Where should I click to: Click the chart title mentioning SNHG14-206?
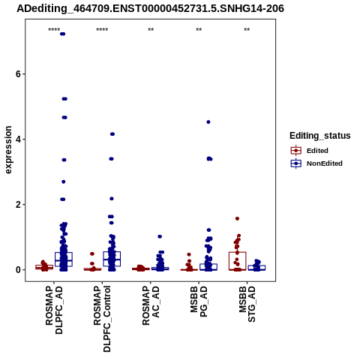pyautogui.click(x=150, y=8)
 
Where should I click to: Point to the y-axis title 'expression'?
pyautogui.click(x=8, y=150)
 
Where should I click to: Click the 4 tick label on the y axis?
pyautogui.click(x=18, y=139)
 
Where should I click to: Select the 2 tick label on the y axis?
pyautogui.click(x=18, y=205)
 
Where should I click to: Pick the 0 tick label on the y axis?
pyautogui.click(x=18, y=270)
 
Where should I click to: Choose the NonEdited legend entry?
pyautogui.click(x=316, y=163)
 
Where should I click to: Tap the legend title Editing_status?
pyautogui.click(x=320, y=136)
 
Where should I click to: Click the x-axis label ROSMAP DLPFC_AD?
pyautogui.click(x=54, y=310)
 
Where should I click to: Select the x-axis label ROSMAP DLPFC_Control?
pyautogui.click(x=102, y=319)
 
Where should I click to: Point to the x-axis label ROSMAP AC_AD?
pyautogui.click(x=151, y=305)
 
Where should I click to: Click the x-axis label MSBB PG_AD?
pyautogui.click(x=199, y=301)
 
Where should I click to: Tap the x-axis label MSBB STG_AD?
pyautogui.click(x=247, y=304)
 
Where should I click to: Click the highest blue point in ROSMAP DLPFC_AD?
pyautogui.click(x=62, y=34)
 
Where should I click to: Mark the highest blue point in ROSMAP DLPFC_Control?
pyautogui.click(x=112, y=134)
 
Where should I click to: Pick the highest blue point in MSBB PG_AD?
pyautogui.click(x=208, y=122)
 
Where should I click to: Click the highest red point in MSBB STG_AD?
pyautogui.click(x=238, y=219)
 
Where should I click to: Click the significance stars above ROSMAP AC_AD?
pyautogui.click(x=151, y=30)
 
